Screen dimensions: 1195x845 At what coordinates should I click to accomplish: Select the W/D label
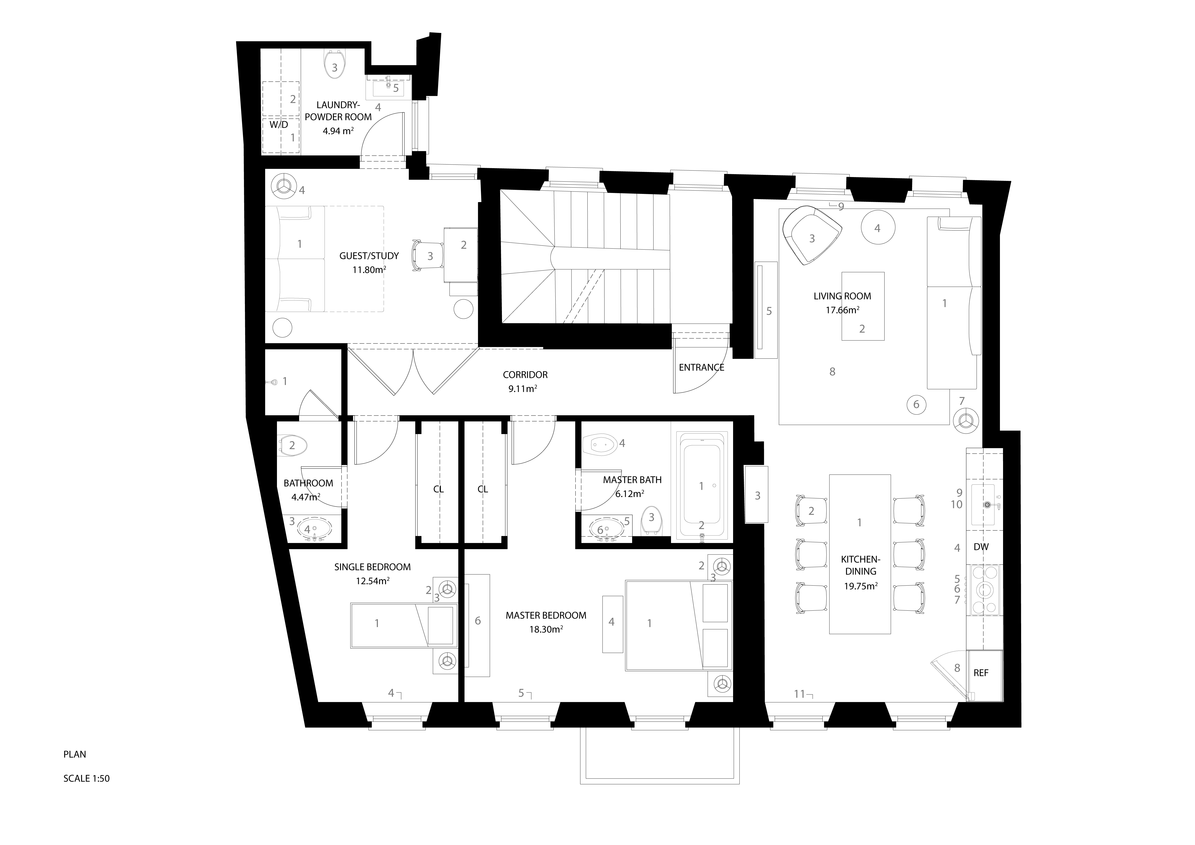coord(278,125)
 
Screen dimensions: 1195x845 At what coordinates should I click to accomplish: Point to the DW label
coord(981,547)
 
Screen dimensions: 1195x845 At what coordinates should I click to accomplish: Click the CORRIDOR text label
coord(525,375)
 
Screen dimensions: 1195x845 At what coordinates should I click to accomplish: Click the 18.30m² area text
coord(546,629)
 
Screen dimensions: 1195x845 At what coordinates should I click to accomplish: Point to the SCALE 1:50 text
coord(86,779)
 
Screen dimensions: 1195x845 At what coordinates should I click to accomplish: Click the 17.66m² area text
coord(842,310)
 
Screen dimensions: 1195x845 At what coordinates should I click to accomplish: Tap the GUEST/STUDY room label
coord(369,256)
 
